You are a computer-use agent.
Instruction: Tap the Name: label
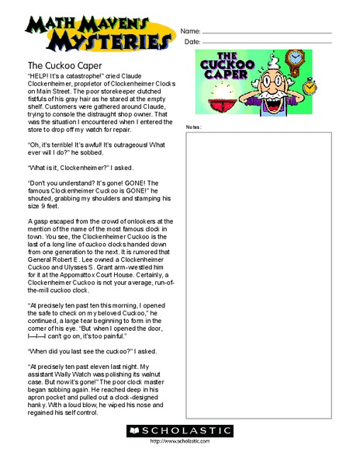point(191,31)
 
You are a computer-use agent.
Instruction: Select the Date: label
point(192,42)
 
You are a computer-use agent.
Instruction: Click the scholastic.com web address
point(180,441)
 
